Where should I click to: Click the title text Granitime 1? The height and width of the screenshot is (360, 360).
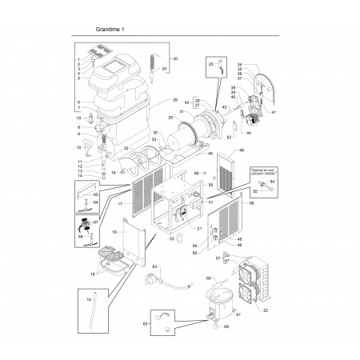pyautogui.click(x=110, y=30)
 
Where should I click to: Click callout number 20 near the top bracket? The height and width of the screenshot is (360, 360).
pyautogui.click(x=175, y=60)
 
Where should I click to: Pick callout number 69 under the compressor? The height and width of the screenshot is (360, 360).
pyautogui.click(x=226, y=328)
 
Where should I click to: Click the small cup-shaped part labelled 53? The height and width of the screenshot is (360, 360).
pyautogui.click(x=181, y=238)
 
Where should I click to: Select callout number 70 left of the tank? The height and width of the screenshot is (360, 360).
pyautogui.click(x=78, y=118)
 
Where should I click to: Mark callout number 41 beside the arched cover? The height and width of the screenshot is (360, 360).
pyautogui.click(x=274, y=114)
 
